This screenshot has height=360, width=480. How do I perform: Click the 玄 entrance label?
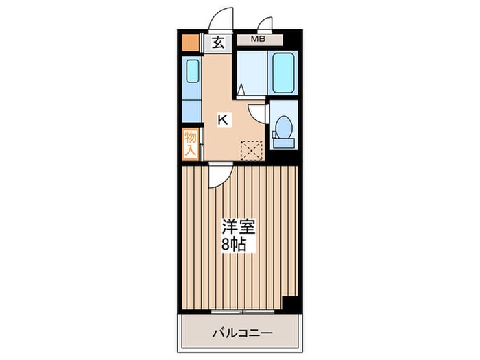click(217, 43)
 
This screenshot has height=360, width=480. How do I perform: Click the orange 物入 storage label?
click(190, 143)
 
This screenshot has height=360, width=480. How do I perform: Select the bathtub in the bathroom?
click(283, 73)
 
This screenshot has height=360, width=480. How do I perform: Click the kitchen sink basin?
click(192, 71)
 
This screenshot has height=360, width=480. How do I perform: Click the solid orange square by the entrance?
click(190, 43)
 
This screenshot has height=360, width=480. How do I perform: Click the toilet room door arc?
click(256, 112)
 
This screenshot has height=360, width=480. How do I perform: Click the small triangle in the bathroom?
click(241, 89)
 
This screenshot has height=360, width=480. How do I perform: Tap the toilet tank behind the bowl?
click(283, 143)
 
